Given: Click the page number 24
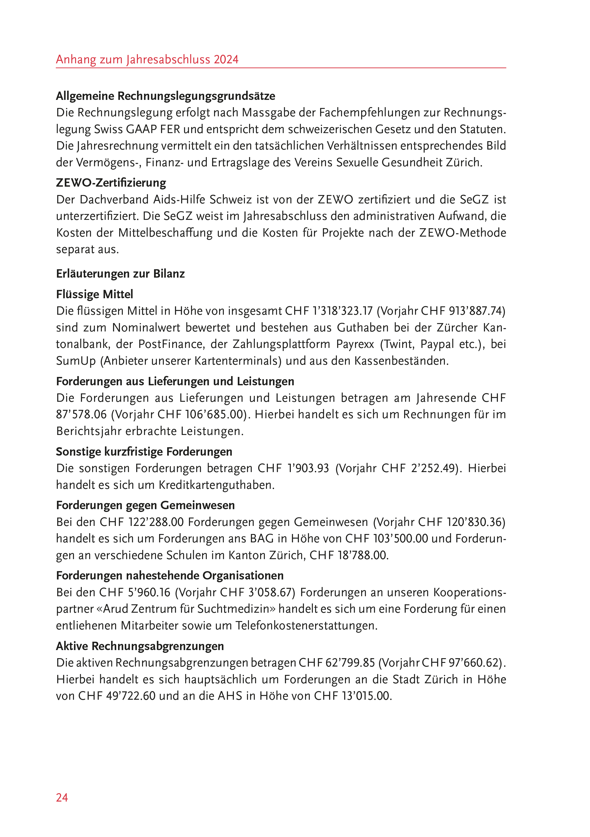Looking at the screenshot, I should tap(62, 798).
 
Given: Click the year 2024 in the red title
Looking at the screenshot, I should tap(226, 59).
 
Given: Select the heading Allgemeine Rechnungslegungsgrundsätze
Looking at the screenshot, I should tap(166, 96).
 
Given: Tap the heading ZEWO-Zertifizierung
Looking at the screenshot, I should tap(111, 183).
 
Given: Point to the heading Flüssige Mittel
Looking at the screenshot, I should tap(94, 294).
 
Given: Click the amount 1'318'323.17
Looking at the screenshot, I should tap(343, 311).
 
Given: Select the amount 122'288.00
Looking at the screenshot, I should tap(156, 522).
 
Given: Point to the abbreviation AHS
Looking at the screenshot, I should tap(230, 696).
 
